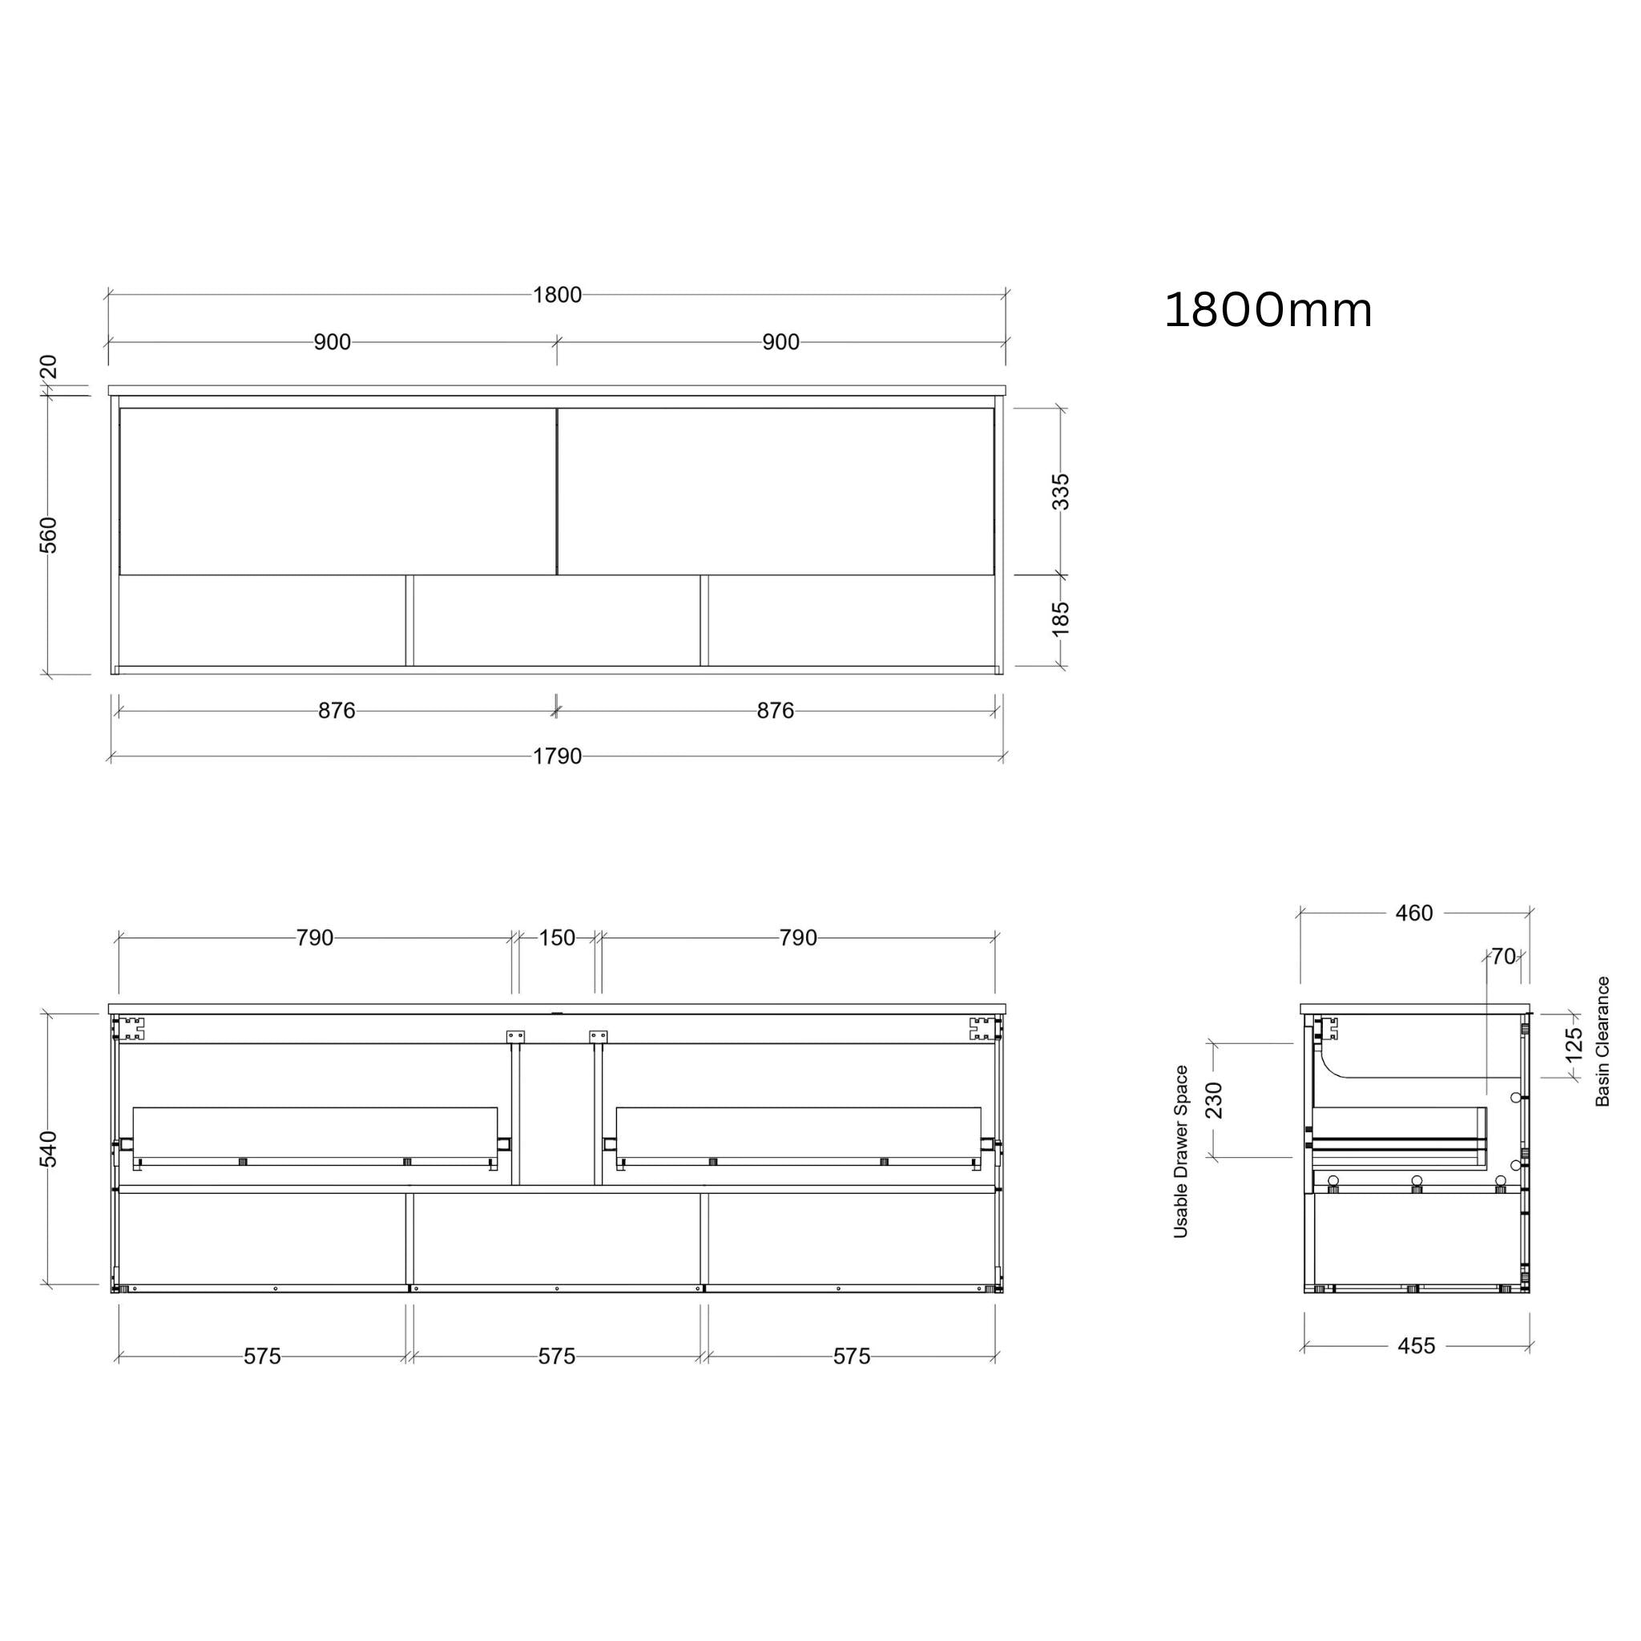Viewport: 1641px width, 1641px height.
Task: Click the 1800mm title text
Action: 1268,310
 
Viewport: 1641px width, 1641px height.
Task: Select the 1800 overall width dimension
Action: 557,295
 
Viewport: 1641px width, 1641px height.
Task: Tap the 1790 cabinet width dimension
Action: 557,756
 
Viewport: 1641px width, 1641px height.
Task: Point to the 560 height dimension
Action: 48,534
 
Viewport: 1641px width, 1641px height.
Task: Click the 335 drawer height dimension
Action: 1061,492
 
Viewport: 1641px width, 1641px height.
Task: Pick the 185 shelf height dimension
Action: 1061,619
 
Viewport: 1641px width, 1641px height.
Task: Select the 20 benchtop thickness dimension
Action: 48,367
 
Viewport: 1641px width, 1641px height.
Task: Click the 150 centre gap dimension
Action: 556,937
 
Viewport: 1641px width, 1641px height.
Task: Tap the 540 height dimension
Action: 48,1149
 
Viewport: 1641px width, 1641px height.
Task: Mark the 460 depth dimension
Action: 1413,913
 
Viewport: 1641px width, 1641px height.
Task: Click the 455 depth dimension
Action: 1416,1345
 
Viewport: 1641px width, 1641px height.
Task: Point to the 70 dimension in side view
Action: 1503,957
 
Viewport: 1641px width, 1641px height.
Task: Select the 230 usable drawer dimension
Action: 1214,1100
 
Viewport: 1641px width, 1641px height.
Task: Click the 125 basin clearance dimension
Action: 1574,1045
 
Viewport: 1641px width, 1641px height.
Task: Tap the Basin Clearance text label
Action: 1603,1042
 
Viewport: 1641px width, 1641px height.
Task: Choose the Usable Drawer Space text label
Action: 1180,1151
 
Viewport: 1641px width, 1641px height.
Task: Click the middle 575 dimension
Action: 556,1357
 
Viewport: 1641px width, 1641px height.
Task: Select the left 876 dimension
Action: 337,711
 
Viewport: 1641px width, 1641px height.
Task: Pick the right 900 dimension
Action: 780,342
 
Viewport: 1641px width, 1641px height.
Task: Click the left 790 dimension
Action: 314,937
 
